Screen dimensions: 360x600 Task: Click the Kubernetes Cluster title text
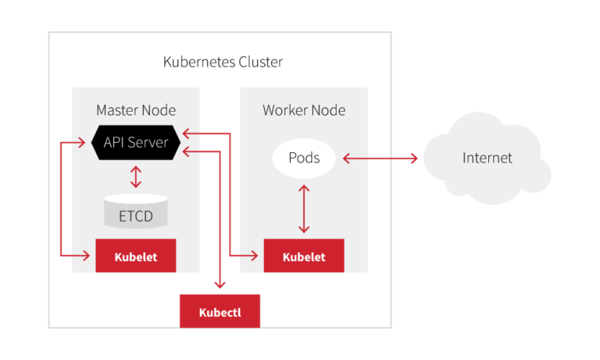223,62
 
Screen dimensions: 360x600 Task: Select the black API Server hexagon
137,143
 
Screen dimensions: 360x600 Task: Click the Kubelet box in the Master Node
135,257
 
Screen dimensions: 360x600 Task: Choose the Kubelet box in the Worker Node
304,257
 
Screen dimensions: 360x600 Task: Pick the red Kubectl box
220,312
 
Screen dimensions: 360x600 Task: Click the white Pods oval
304,159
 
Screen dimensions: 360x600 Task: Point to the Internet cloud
487,159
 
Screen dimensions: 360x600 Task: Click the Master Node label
136,110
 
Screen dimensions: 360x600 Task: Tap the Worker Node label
304,110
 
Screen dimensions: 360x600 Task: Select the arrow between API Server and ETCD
137,176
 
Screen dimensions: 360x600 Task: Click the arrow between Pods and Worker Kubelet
304,209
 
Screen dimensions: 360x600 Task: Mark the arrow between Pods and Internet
380,159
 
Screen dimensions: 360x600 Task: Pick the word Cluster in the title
260,62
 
